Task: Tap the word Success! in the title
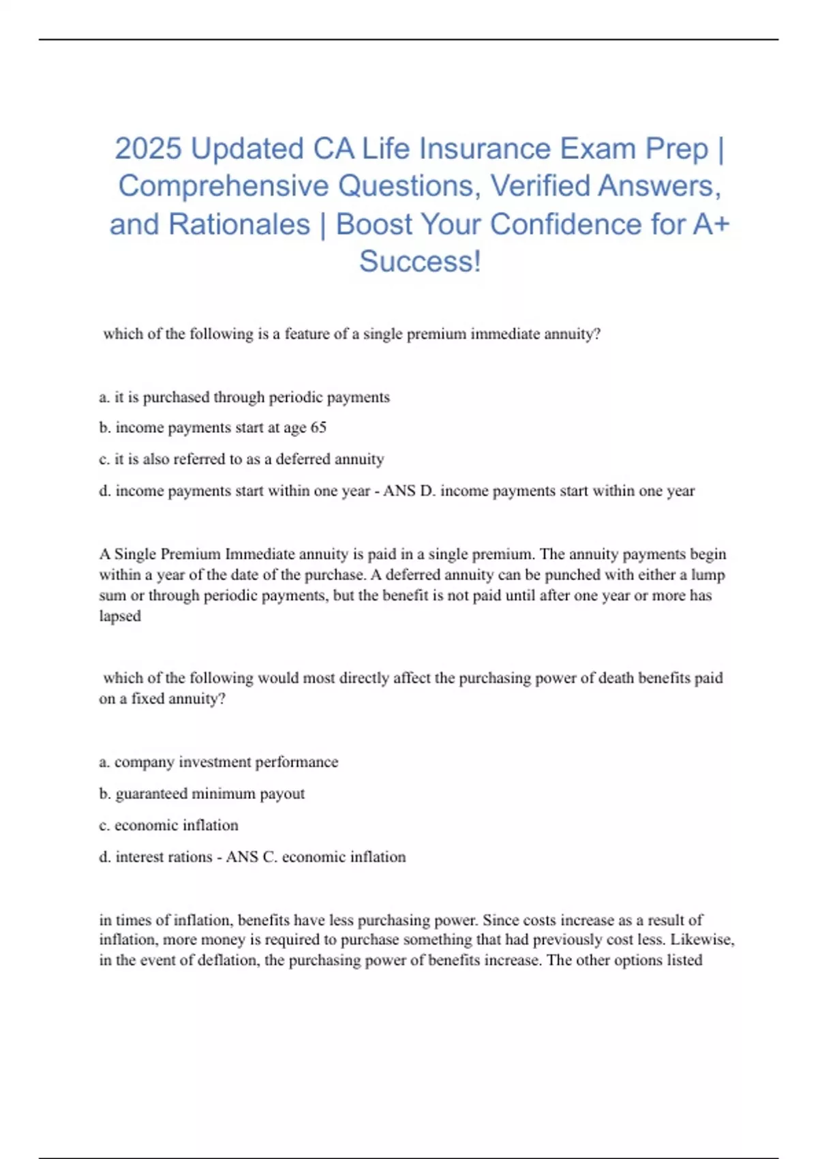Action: click(x=420, y=261)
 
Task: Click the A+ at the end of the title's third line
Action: click(x=711, y=224)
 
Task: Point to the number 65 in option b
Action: click(x=318, y=427)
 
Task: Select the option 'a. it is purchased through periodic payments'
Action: click(x=244, y=397)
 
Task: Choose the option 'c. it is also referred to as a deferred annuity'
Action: click(x=241, y=459)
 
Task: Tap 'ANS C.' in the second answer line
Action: click(x=252, y=857)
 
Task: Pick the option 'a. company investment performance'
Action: click(x=218, y=762)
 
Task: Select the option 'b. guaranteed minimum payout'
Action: click(x=202, y=794)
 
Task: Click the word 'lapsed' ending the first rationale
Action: click(x=120, y=616)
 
